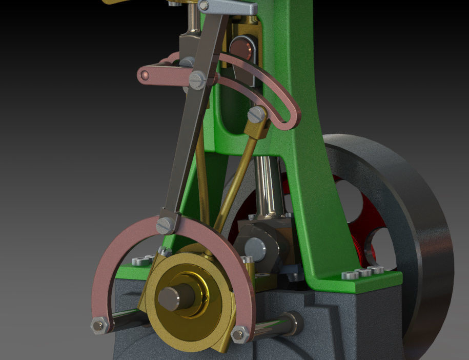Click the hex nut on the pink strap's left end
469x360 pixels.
pyautogui.click(x=98, y=325)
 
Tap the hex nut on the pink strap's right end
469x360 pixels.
pyautogui.click(x=239, y=334)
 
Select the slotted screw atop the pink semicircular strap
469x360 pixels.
pyautogui.click(x=166, y=225)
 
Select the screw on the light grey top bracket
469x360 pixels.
pyautogui.click(x=204, y=6)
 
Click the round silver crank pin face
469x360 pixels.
pyautogui.click(x=255, y=249)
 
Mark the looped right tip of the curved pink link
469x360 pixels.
pyautogui.click(x=291, y=117)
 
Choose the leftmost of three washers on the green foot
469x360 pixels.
pyautogui.click(x=351, y=275)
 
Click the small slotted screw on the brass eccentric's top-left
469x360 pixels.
pyautogui.click(x=165, y=251)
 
